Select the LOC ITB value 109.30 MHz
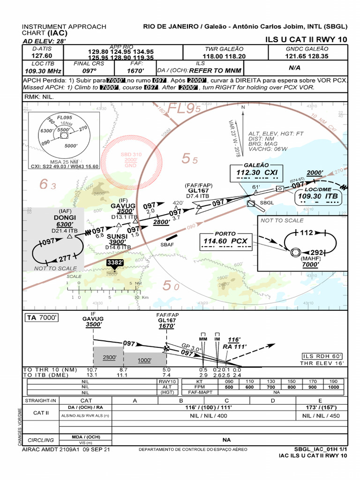pos(43,71)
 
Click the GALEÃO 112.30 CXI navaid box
pos(256,172)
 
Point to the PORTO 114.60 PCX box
pos(225,241)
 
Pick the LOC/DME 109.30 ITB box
pos(318,196)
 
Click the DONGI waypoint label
pos(64,217)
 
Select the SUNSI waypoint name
pos(117,236)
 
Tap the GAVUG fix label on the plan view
pos(123,206)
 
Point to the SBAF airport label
pos(167,245)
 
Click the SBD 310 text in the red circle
pos(131,154)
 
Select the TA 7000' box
pos(42,318)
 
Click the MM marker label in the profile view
pos(203,338)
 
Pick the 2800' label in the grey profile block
pos(110,357)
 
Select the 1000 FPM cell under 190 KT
pos(333,387)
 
